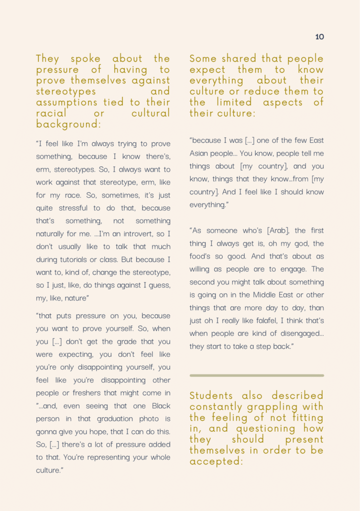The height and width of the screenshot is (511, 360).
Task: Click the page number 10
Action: click(320, 37)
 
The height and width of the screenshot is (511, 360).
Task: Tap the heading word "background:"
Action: click(69, 124)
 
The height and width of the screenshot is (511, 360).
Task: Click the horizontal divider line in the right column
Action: click(257, 375)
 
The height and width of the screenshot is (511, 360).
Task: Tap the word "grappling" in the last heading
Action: click(277, 407)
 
